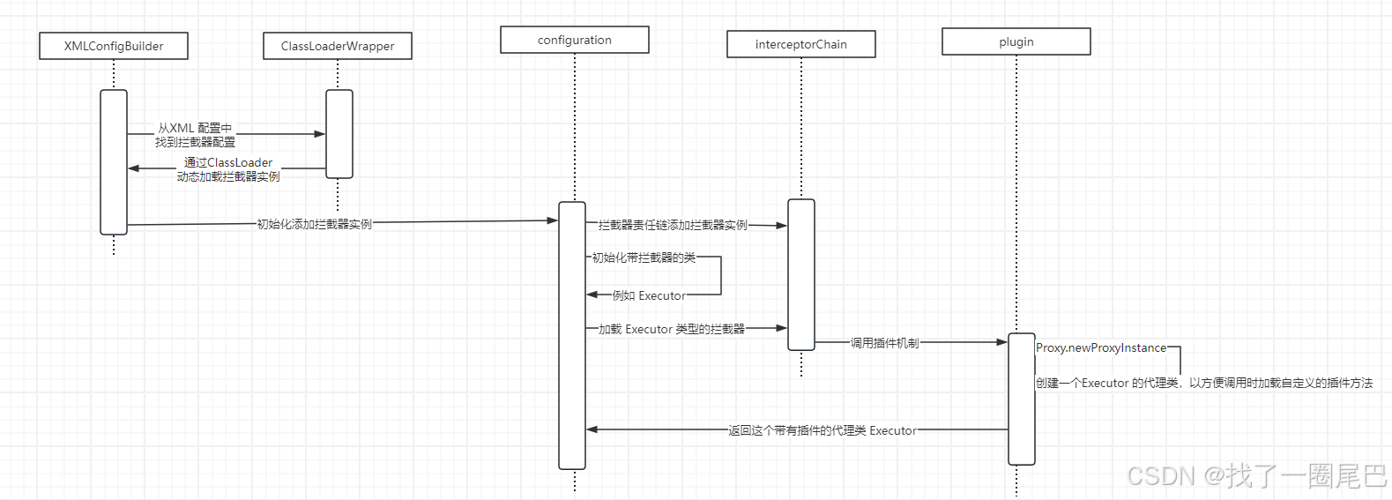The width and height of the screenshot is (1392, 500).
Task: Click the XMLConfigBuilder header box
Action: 114,46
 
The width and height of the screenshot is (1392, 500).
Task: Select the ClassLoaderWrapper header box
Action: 338,46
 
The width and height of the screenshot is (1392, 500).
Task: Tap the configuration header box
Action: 575,40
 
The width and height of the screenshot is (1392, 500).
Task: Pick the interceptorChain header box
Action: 801,44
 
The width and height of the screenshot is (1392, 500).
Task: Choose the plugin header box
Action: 1016,41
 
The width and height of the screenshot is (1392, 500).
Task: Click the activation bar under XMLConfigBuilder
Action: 114,162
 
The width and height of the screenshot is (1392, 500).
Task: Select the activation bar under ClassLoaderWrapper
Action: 339,134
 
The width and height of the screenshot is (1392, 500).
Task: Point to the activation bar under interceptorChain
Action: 801,274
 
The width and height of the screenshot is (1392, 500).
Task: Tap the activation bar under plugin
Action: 1022,399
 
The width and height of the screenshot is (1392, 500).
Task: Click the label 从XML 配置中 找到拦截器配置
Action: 196,135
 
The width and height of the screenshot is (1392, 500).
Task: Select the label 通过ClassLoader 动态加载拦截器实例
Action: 228,169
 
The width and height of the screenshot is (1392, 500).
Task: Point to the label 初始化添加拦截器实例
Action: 315,224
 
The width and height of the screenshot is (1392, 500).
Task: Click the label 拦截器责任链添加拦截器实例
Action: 673,225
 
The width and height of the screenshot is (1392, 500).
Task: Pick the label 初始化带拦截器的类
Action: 644,257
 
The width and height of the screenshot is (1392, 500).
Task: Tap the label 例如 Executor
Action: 649,295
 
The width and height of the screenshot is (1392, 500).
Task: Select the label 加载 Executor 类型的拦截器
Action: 672,329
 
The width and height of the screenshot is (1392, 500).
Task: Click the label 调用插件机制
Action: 884,342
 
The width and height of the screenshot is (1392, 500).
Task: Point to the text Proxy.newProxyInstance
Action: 1101,348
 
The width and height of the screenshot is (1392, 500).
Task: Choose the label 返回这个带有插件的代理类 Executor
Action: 823,430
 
